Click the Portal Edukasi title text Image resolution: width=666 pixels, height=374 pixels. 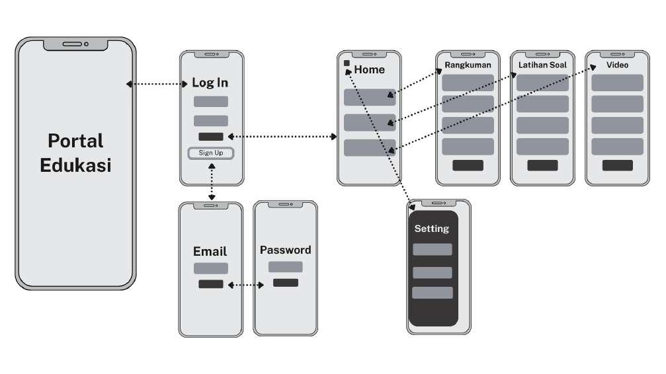pos(75,152)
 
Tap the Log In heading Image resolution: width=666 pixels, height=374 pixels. pos(210,83)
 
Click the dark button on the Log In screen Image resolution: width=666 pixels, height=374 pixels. pos(210,137)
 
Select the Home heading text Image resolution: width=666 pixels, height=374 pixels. pos(369,69)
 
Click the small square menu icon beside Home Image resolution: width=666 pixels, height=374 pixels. pos(347,63)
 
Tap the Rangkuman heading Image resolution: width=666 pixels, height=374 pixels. pos(468,65)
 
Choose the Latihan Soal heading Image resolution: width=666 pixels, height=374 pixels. pos(543,65)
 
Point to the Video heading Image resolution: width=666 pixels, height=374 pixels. pos(617,65)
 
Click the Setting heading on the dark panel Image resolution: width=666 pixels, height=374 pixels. pos(432,229)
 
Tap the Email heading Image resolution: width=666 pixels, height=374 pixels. pos(210,251)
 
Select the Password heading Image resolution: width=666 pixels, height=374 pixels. pos(285,250)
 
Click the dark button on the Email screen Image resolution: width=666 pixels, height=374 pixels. pos(210,284)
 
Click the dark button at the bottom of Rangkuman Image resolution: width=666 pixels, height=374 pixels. pos(468,165)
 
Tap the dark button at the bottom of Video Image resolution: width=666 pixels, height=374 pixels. pos(617,165)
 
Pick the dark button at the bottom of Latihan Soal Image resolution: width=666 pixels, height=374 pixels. pos(543,165)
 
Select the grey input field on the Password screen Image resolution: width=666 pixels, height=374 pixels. pos(285,267)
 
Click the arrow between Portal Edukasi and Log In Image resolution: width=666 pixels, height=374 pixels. pos(157,84)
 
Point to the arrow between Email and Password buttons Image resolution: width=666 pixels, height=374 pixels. pos(246,285)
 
